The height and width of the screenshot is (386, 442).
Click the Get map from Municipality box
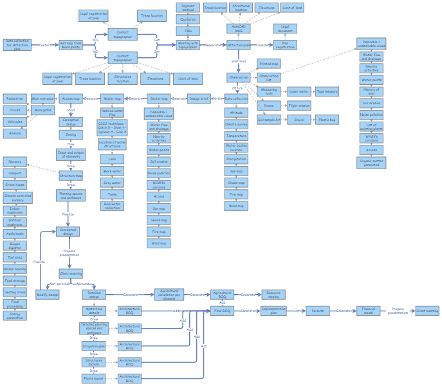click(x=71, y=45)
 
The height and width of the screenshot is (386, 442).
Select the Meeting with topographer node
click(x=188, y=45)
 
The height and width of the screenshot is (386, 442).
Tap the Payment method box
click(x=188, y=8)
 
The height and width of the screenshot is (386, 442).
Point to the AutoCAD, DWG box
click(x=238, y=28)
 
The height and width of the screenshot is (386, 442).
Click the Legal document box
click(x=285, y=29)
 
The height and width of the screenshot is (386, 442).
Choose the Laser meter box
click(x=299, y=91)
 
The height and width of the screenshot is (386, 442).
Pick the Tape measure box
click(x=327, y=91)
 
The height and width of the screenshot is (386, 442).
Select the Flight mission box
click(x=299, y=106)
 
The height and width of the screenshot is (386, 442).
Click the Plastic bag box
click(x=327, y=120)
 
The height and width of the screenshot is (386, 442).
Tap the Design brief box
click(x=199, y=99)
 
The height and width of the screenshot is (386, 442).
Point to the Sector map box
click(x=158, y=99)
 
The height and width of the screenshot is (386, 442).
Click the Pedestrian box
click(x=15, y=99)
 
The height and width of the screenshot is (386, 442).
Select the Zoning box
click(x=71, y=135)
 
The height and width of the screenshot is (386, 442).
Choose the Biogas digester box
click(x=15, y=245)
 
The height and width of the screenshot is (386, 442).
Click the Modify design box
click(x=48, y=295)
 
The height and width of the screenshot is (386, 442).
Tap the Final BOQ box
click(x=222, y=311)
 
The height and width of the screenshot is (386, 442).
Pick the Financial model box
click(x=368, y=311)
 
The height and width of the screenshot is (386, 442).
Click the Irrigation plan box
click(x=94, y=346)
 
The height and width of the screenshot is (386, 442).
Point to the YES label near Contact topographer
click(x=95, y=39)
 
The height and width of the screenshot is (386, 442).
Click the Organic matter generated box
click(x=372, y=163)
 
